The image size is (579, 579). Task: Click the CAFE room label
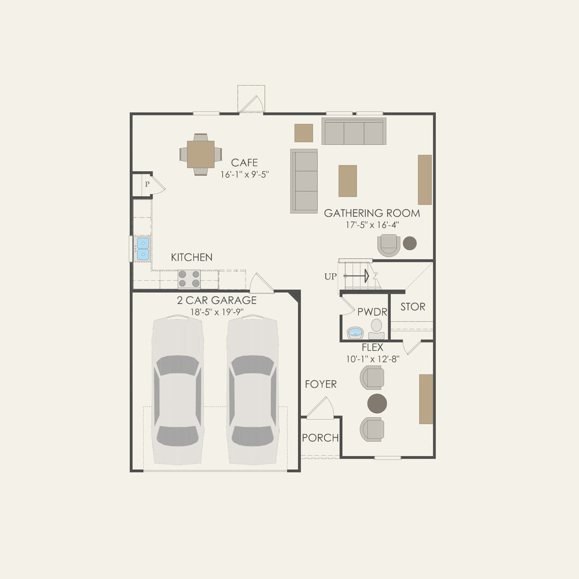[244, 162]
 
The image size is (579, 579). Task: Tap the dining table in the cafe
[201, 154]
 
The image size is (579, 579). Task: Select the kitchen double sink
[143, 248]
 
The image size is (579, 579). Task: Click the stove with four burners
[189, 279]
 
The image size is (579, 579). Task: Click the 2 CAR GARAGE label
[217, 300]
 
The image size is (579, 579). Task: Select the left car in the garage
[177, 390]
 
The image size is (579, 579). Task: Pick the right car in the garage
[253, 390]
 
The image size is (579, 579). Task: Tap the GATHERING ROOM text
[372, 213]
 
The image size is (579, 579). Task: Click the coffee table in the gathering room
[347, 181]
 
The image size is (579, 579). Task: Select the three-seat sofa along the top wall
[354, 131]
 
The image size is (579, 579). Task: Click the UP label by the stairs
[330, 276]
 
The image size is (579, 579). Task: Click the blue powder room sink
[355, 333]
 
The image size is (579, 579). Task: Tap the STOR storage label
[413, 307]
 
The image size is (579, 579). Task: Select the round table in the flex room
[377, 403]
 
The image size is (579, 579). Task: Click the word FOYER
[320, 384]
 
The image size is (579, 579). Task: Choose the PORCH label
[320, 438]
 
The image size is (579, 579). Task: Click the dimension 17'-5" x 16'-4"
[372, 225]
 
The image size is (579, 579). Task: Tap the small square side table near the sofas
[304, 133]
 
